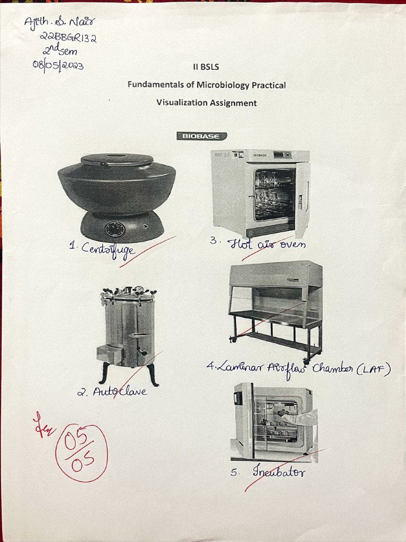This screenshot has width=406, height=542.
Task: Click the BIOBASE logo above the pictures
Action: (x=201, y=136)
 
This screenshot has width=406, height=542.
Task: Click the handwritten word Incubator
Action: (x=279, y=471)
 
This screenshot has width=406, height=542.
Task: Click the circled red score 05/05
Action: (x=81, y=453)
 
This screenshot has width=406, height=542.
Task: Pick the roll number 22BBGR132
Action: (x=69, y=39)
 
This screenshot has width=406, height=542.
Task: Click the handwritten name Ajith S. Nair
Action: (x=59, y=23)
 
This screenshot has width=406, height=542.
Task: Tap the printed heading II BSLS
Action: (x=206, y=67)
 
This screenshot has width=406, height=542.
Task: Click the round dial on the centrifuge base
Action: (x=115, y=229)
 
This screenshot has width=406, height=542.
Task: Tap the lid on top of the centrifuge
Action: (x=117, y=159)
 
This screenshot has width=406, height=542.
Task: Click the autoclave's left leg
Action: (x=104, y=373)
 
